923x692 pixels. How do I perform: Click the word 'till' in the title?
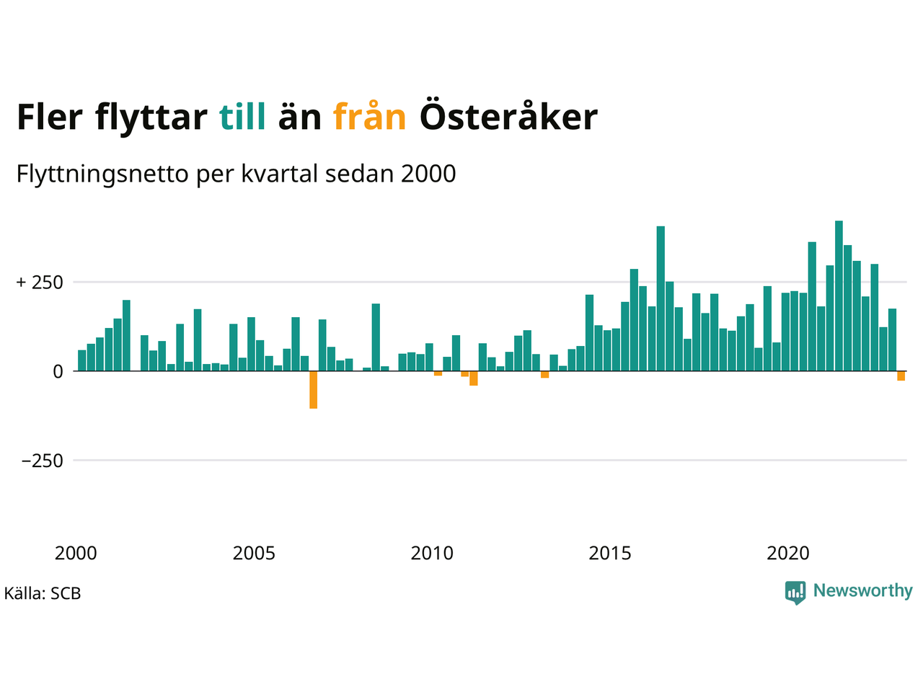pos(242,117)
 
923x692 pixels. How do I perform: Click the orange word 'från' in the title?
pos(369,117)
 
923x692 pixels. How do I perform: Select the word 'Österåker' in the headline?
pos(508,117)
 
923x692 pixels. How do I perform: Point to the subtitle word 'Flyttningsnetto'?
pos(102,174)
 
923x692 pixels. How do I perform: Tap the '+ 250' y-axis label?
pos(40,283)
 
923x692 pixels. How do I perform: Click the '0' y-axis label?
pos(58,372)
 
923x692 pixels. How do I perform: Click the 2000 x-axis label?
pos(76,554)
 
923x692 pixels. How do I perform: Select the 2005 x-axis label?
pos(254,554)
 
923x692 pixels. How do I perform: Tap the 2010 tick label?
pos(432,554)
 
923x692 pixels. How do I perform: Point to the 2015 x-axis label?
pos(610,554)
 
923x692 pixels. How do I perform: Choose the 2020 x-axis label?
pos(788,554)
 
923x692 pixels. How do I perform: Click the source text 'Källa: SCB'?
pos(43,594)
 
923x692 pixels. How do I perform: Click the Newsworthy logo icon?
pos(795,593)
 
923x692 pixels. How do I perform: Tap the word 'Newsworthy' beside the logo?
pos(862,591)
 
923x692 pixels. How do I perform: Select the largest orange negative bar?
pos(314,390)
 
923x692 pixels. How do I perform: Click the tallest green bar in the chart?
pos(839,296)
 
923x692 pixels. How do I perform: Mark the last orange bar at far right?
pos(901,376)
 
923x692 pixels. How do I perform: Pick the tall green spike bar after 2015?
pos(661,298)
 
